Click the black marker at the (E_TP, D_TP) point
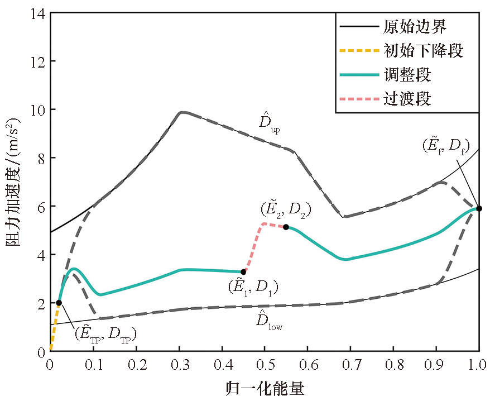tap(59, 303)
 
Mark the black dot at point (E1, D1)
tap(243, 272)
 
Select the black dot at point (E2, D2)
tap(286, 227)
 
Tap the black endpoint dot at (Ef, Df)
tap(479, 208)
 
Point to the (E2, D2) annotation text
tap(285, 211)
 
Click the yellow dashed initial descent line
tap(54, 330)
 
